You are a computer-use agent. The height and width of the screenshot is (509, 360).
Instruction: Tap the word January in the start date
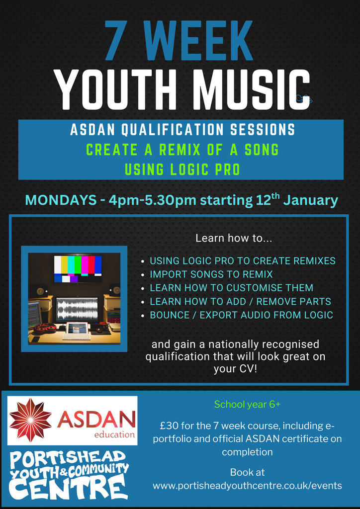310,201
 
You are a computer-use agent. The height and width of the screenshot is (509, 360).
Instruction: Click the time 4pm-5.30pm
152,201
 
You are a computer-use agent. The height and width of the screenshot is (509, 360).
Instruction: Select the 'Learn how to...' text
233,239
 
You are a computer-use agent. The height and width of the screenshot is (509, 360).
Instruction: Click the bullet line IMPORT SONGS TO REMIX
211,274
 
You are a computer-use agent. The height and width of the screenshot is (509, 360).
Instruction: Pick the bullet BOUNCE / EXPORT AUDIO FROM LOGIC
241,315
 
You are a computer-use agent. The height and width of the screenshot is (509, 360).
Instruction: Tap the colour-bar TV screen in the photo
78,268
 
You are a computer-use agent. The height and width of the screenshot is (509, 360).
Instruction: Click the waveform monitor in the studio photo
77,310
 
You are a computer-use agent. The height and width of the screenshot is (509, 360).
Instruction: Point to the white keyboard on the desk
77,337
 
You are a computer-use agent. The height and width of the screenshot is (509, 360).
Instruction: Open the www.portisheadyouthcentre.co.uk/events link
247,486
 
